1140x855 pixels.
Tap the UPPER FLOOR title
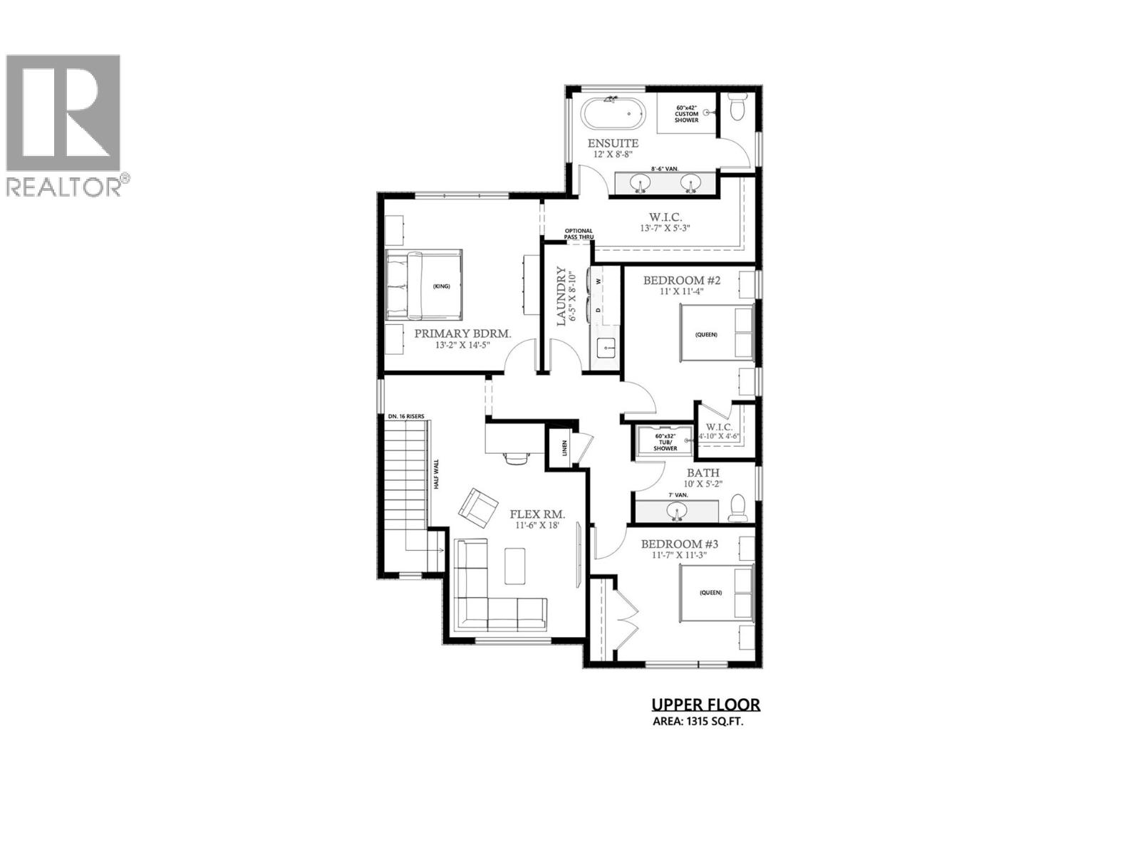point(705,705)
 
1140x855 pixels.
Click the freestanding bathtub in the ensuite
point(613,114)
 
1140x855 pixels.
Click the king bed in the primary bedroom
point(424,285)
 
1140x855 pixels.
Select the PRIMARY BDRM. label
point(463,333)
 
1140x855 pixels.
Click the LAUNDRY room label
point(561,296)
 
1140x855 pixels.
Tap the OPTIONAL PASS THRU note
point(579,234)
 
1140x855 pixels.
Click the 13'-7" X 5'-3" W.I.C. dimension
point(665,228)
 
